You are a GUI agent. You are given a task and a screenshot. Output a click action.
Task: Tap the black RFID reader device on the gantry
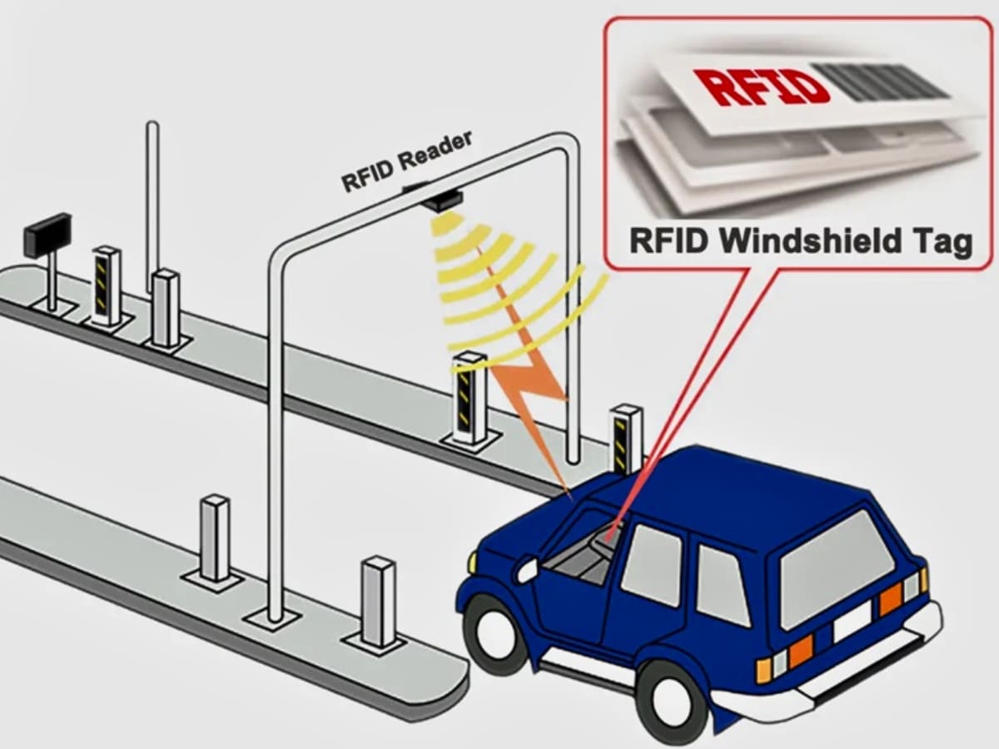(440, 199)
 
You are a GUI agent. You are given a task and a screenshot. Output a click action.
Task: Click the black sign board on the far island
(47, 234)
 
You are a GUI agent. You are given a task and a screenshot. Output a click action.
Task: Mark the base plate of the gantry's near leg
(274, 618)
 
